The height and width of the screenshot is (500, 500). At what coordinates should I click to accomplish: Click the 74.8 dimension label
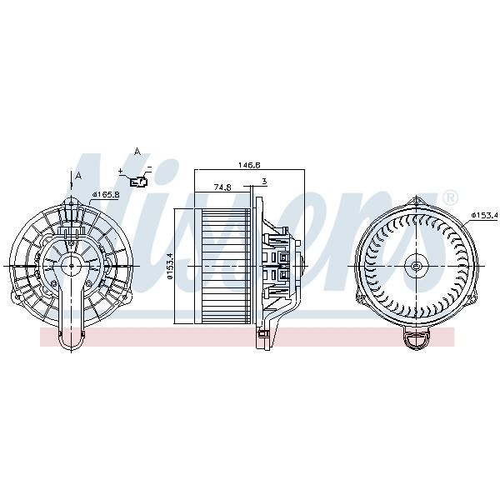pos(222,187)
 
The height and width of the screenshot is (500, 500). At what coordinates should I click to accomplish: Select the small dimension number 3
pos(264,182)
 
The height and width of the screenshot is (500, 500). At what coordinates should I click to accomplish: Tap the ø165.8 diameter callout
pos(105,194)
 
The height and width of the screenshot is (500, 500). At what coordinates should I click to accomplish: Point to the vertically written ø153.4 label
pos(170,266)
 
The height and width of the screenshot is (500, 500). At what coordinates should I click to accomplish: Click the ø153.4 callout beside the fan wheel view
pos(485,216)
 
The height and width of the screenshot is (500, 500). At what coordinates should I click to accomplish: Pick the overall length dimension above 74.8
pos(249,165)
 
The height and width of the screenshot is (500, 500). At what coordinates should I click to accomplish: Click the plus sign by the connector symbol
pos(121,171)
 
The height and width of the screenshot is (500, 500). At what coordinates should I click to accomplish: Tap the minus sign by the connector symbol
pos(149,167)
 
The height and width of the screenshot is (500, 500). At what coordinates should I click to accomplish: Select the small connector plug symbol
pos(138,182)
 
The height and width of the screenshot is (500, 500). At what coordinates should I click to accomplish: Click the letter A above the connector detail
pos(137,152)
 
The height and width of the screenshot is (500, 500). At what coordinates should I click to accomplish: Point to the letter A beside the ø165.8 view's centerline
pos(78,175)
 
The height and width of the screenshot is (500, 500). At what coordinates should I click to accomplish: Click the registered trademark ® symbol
pos(450,198)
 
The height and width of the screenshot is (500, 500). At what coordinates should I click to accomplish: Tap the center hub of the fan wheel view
pos(416,266)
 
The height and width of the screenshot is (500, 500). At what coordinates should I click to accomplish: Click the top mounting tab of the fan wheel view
pos(416,202)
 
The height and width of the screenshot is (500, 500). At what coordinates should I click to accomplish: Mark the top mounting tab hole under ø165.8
pos(71,203)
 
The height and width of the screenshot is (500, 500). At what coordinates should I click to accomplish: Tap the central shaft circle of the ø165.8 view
pos(71,265)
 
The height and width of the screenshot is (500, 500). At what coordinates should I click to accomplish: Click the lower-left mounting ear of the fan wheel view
pos(360,297)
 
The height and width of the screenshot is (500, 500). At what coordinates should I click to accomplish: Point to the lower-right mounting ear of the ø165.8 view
pos(127,297)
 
